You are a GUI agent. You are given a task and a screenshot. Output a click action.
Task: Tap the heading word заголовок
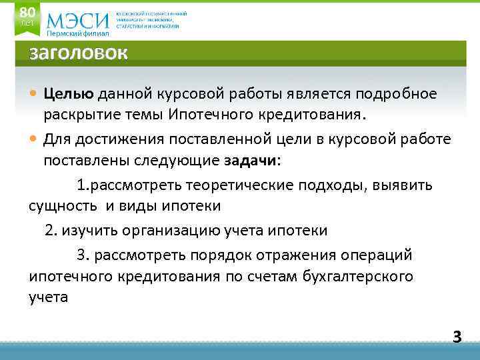[x=78, y=53]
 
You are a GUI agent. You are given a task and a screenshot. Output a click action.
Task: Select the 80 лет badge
[x=27, y=16]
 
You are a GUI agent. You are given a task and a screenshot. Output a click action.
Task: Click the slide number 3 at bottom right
[x=457, y=337]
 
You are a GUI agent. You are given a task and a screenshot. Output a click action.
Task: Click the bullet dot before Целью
[x=34, y=94]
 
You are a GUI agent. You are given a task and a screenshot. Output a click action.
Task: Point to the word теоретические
[x=235, y=185]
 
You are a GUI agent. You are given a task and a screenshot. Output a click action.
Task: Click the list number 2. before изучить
[x=51, y=231]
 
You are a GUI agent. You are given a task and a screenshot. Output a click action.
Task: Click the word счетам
[x=274, y=276]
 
